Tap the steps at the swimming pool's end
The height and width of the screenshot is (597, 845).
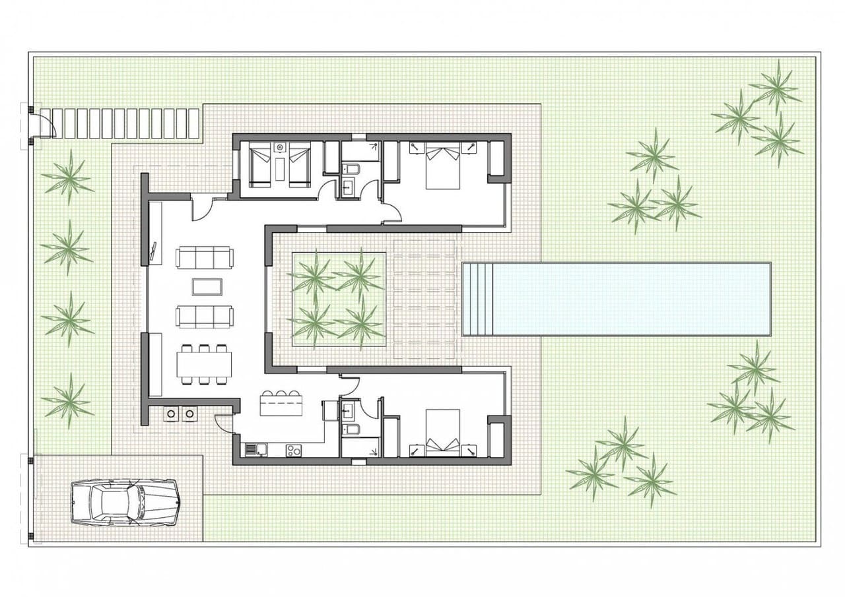(x=477, y=299)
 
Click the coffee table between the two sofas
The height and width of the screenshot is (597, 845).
(x=207, y=286)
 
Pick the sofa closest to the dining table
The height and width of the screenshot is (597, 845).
(x=204, y=316)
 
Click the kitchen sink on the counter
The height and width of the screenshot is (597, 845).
(x=252, y=451)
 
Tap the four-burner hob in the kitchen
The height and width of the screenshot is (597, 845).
(x=293, y=451)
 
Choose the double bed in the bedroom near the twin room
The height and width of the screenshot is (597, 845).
(x=442, y=165)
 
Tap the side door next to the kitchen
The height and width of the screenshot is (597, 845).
(x=224, y=422)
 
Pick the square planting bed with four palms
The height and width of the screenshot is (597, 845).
(x=337, y=298)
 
